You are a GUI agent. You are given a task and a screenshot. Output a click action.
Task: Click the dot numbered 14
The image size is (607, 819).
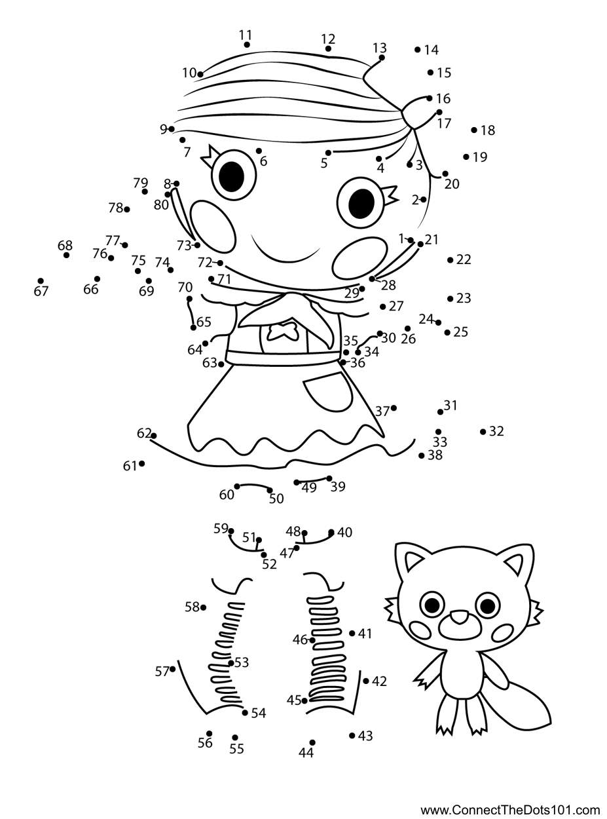[x=417, y=50]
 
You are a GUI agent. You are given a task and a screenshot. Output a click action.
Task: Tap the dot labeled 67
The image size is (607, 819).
[x=41, y=281]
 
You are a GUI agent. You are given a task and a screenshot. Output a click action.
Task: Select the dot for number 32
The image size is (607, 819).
[x=483, y=432]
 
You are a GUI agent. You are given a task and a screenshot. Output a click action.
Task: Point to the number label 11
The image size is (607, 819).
[x=246, y=35]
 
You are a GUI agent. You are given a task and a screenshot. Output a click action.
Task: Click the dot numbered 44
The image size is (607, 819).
[x=312, y=742]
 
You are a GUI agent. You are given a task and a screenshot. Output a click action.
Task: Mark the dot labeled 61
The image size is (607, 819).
[x=141, y=463]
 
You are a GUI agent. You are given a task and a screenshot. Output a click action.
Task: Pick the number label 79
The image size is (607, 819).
[x=141, y=182]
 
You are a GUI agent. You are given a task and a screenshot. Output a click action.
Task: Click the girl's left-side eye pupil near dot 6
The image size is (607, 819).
[x=231, y=176]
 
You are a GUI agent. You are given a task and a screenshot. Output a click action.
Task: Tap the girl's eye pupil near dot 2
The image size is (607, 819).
[x=361, y=203]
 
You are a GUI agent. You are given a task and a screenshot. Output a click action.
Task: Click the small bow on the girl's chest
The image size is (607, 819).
[x=282, y=332]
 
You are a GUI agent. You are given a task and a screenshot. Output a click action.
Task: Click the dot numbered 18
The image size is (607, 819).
[x=474, y=130]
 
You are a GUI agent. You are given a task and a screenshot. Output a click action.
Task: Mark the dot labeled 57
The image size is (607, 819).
[x=172, y=669]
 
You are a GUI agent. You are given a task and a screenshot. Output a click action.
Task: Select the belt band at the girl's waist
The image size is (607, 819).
[x=283, y=358]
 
